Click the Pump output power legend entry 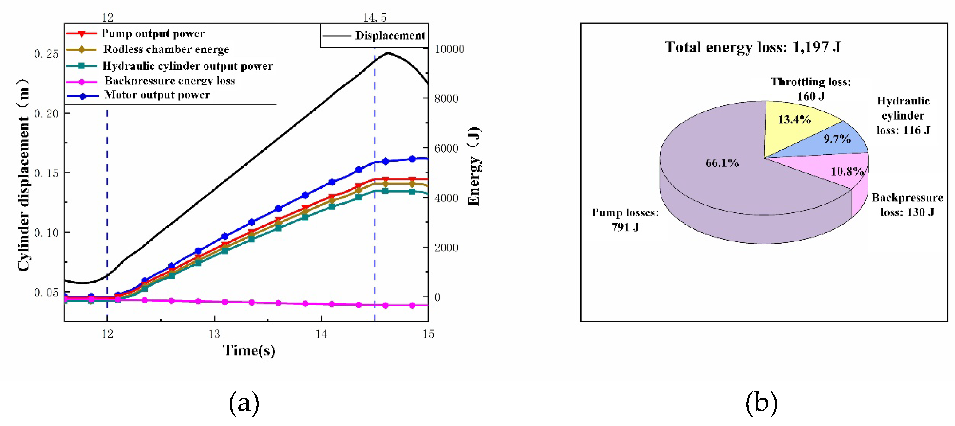(135, 34)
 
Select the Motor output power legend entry (138, 95)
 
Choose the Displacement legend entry (373, 36)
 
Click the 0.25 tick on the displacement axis (46, 54)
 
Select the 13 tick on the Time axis (214, 334)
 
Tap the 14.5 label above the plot (375, 17)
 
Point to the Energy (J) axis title (474, 166)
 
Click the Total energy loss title (753, 47)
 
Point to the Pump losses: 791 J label (625, 220)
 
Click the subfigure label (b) (761, 403)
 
